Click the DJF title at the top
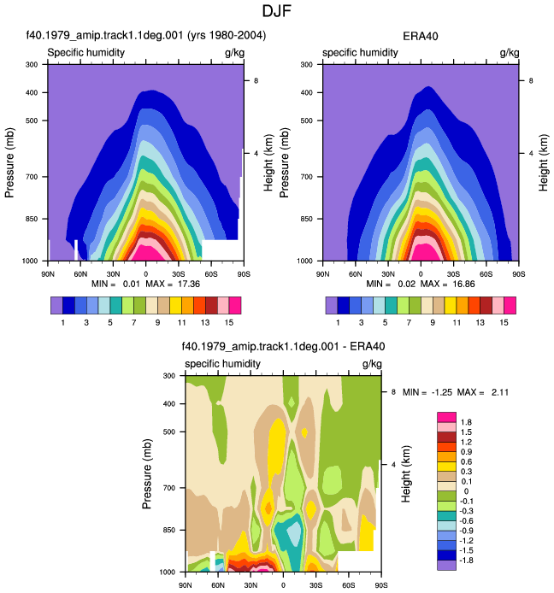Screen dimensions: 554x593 277,11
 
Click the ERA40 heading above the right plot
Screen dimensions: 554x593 421,36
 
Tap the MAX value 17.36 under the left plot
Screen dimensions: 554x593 189,284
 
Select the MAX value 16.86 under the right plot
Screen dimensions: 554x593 463,284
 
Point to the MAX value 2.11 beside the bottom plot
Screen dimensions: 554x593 500,392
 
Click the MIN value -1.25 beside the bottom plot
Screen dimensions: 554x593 442,392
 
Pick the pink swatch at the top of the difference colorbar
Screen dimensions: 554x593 446,417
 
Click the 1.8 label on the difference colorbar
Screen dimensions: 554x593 466,422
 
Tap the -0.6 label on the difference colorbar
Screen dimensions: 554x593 465,520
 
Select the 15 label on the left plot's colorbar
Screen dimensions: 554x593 228,323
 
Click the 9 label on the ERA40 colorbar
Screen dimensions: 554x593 433,323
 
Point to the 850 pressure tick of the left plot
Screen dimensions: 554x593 32,219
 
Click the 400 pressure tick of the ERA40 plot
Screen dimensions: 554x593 307,92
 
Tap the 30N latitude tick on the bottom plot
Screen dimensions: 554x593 250,585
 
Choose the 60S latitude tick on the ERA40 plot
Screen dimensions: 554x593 486,274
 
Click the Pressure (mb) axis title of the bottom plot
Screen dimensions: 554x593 147,474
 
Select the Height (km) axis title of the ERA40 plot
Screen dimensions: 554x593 543,162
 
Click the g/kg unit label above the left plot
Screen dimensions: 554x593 234,53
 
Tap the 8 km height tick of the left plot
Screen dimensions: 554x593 256,80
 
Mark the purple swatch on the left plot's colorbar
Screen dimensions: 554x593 56,306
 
